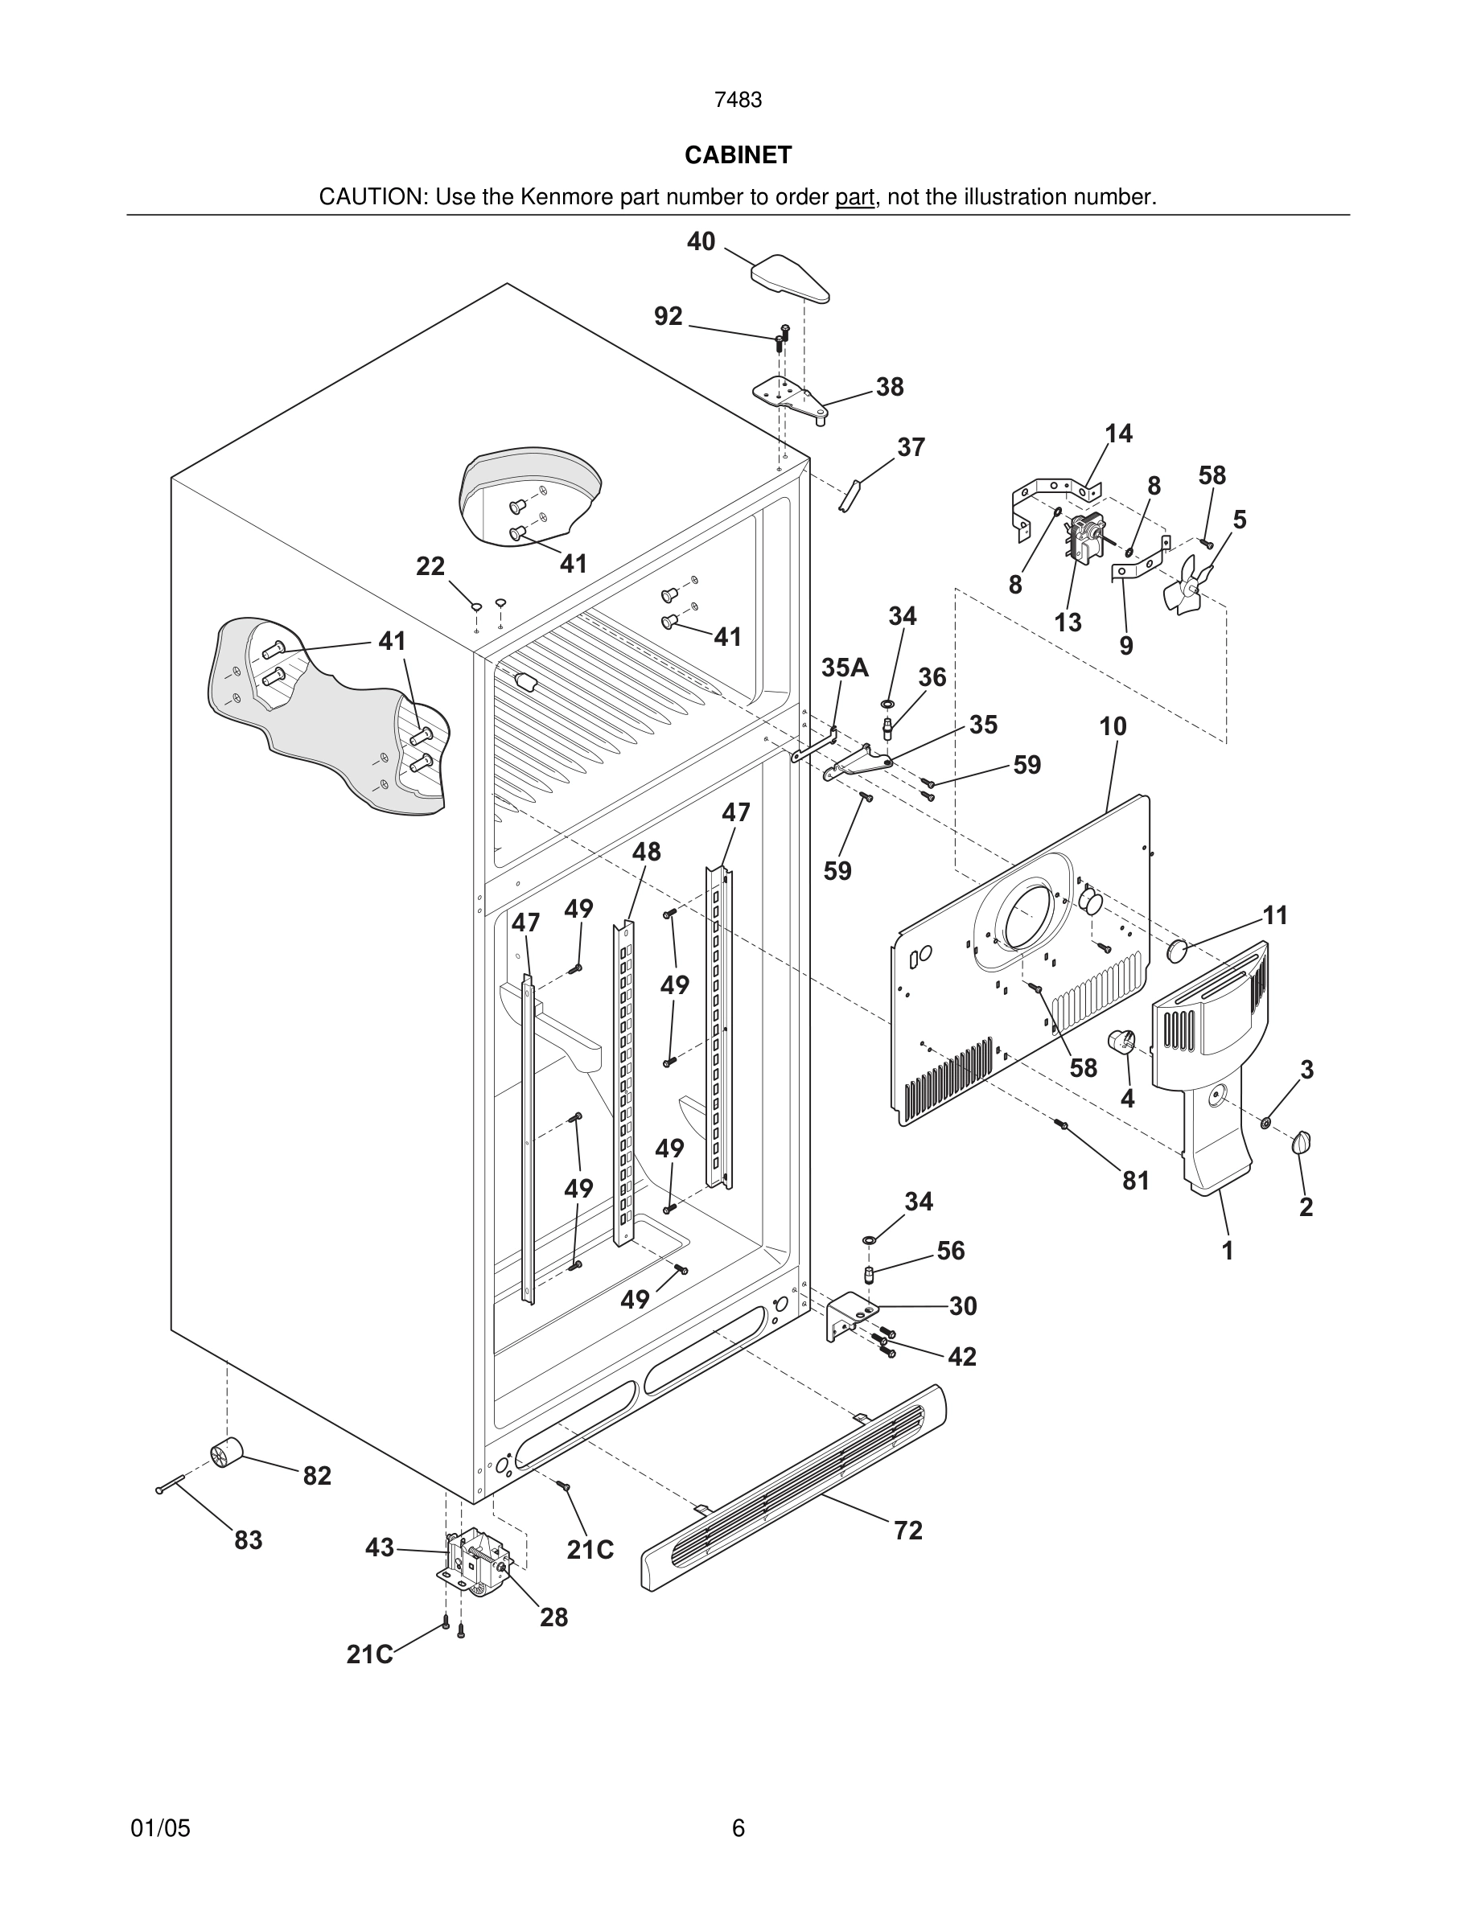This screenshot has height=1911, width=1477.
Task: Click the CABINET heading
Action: pyautogui.click(x=738, y=155)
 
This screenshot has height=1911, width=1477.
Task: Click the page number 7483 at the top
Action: pyautogui.click(x=738, y=101)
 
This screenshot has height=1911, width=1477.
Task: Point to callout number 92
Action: pyautogui.click(x=669, y=316)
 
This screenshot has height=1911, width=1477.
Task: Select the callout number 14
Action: pyautogui.click(x=1118, y=434)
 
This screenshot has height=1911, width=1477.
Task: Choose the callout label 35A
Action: pyautogui.click(x=845, y=668)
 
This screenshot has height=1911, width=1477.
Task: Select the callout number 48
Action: pyautogui.click(x=646, y=852)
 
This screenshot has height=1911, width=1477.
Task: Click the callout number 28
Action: pyautogui.click(x=553, y=1617)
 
